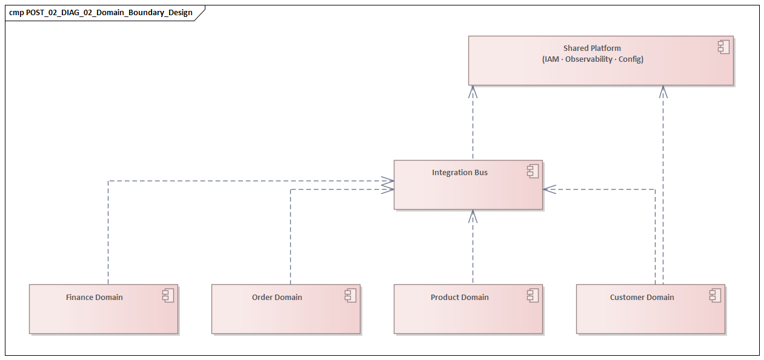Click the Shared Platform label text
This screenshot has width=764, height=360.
click(591, 48)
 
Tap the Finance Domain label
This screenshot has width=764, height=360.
click(94, 298)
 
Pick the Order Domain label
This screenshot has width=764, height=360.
click(276, 298)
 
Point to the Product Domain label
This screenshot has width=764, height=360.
click(459, 298)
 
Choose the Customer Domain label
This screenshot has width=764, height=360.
click(642, 298)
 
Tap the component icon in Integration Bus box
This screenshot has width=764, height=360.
click(533, 172)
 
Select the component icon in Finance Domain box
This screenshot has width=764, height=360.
click(168, 296)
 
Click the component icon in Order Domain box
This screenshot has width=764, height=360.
click(350, 296)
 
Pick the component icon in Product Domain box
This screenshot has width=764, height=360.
click(533, 296)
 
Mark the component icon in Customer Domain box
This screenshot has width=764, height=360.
click(715, 296)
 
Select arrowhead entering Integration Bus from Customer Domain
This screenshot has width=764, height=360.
click(548, 189)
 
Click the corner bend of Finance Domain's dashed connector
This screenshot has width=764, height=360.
click(108, 181)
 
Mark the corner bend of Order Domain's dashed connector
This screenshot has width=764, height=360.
click(291, 189)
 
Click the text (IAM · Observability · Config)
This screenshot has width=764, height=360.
click(592, 59)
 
